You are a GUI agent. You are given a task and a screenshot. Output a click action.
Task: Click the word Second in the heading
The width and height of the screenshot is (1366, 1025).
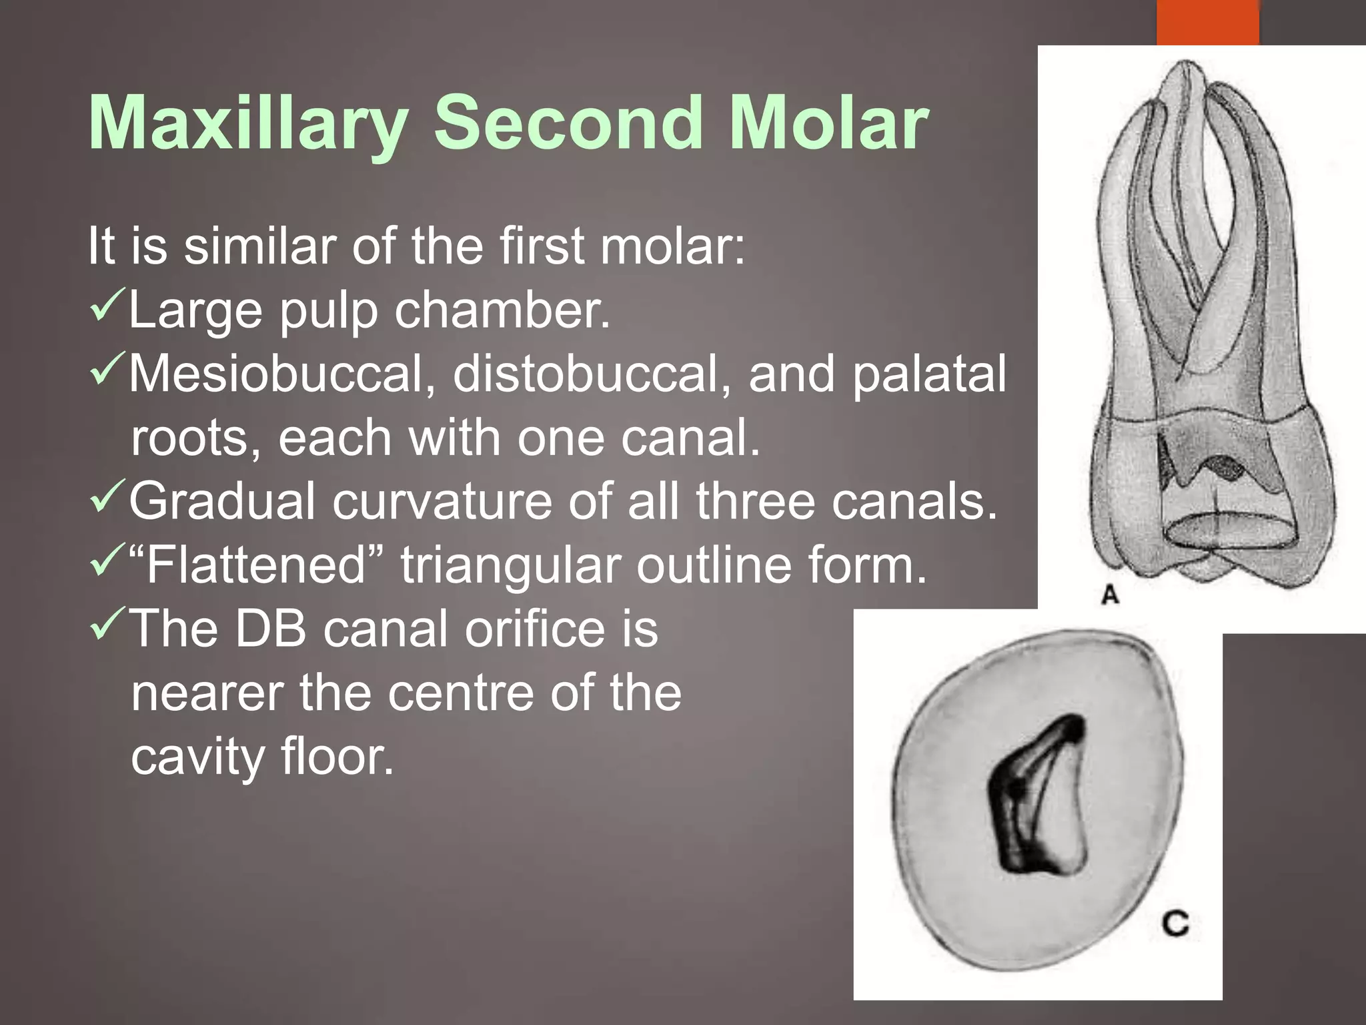[568, 124]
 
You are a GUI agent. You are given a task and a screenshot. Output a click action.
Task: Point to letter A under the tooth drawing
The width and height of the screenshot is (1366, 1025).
[1110, 594]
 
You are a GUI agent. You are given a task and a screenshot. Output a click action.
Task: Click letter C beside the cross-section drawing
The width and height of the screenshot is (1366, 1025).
[1175, 924]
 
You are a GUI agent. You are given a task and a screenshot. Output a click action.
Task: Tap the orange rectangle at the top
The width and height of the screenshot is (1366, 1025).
[1207, 21]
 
